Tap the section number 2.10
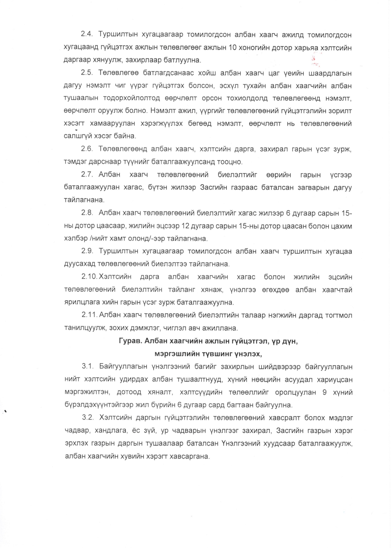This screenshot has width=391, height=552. pos(89,277)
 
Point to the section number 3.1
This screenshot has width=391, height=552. pos(88,367)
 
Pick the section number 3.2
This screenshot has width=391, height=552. pos(88,418)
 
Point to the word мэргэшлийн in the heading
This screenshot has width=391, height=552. pos(175,354)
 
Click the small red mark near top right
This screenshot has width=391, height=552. pos(313,59)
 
